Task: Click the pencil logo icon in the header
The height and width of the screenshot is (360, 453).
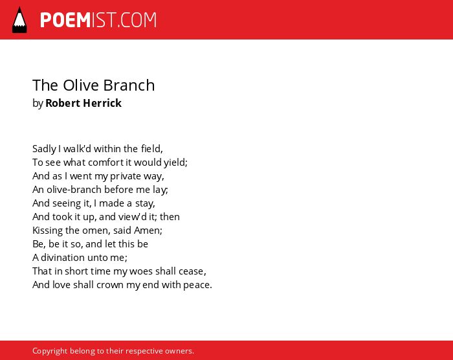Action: click(19, 19)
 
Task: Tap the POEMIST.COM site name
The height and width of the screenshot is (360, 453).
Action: click(98, 20)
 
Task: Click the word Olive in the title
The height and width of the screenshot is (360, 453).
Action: click(81, 85)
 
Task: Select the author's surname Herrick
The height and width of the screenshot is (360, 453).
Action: click(102, 103)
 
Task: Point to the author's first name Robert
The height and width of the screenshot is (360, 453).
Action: click(63, 103)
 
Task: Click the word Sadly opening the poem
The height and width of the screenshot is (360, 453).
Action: click(44, 149)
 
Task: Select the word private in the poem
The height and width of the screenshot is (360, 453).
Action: click(126, 176)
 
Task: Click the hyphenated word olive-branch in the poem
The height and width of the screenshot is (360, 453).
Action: click(74, 190)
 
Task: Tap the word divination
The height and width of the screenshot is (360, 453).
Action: click(63, 257)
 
